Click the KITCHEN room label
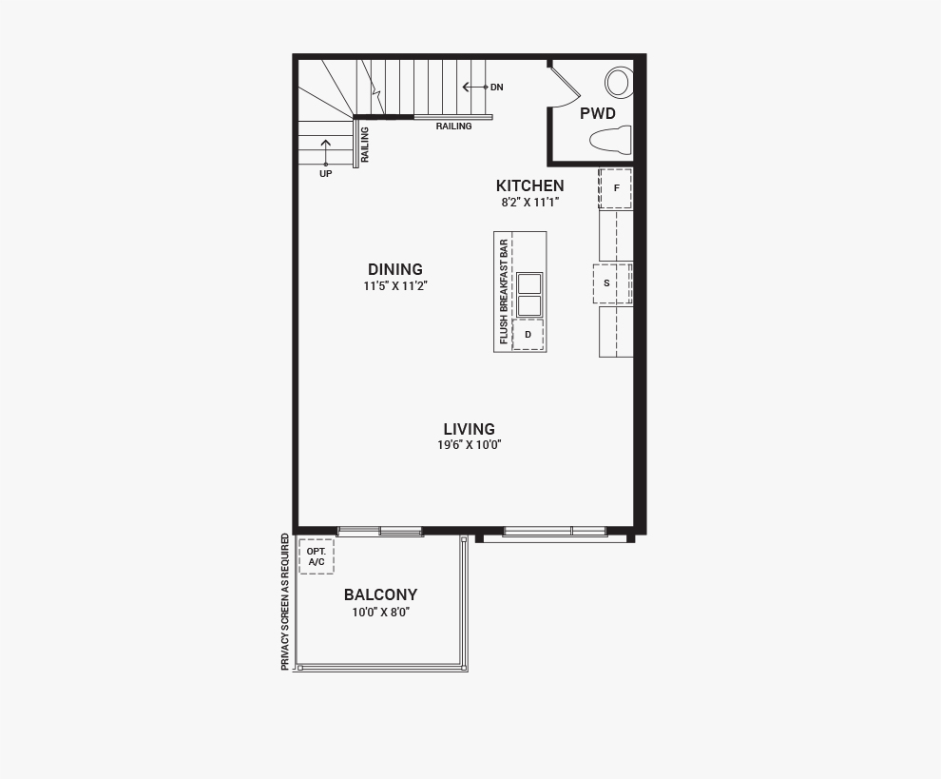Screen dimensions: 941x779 pos(530,185)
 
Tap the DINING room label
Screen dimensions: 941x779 pos(395,269)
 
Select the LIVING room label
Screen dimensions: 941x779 pos(470,429)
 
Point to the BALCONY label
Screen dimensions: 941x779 pos(380,594)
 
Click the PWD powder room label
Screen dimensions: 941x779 pos(598,113)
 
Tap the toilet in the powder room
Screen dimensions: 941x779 pos(611,140)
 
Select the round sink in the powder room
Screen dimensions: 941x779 pos(619,83)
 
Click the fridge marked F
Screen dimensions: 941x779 pos(615,188)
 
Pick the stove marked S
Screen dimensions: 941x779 pos(612,283)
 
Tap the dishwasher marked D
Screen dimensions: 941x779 pos(528,335)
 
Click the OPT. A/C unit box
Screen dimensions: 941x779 pos(317,556)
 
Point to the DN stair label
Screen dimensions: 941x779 pos(497,88)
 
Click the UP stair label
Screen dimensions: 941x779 pos(325,173)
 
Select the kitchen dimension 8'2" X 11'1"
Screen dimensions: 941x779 pos(530,203)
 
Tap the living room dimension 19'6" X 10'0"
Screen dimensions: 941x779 pos(470,445)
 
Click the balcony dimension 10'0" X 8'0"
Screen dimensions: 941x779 pos(380,613)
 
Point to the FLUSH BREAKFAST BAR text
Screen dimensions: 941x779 pos(504,292)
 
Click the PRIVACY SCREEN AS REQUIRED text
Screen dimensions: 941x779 pos(285,602)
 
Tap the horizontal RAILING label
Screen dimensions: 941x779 pos(453,127)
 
